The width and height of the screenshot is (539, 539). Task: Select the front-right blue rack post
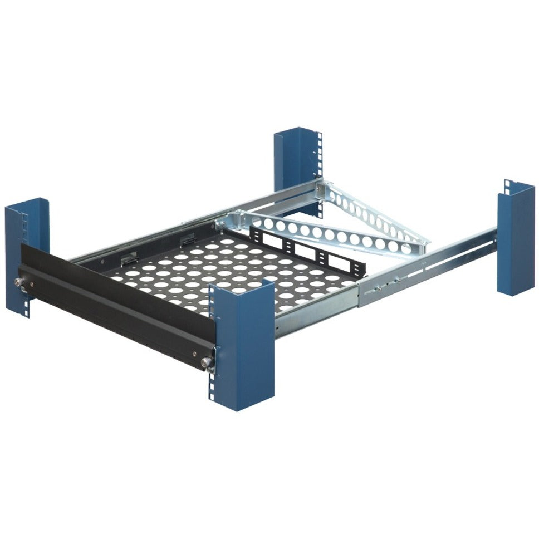pyautogui.click(x=245, y=345)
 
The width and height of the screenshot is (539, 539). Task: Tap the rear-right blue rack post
pyautogui.click(x=515, y=239)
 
